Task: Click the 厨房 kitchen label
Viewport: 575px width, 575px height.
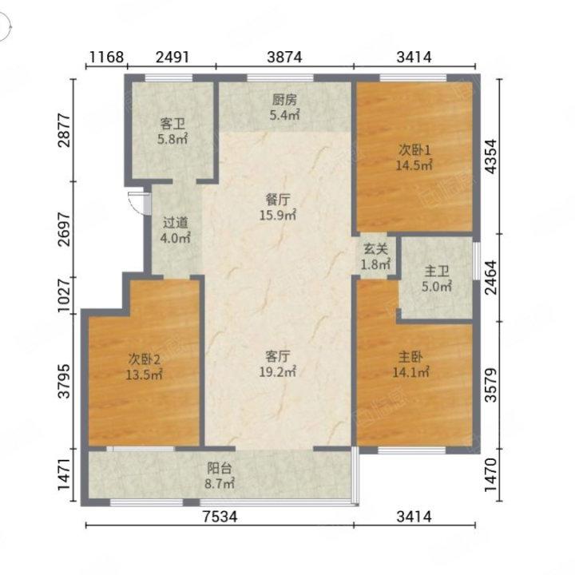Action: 284,100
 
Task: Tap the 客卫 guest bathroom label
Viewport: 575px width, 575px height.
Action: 172,124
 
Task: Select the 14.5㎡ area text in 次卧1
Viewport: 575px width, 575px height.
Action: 414,165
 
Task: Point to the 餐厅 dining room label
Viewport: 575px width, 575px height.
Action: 278,200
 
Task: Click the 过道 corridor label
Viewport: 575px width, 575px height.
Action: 175,223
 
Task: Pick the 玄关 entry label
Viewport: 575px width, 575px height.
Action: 375,249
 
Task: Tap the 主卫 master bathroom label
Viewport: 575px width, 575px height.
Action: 436,272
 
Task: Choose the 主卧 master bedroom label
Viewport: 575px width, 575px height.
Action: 410,357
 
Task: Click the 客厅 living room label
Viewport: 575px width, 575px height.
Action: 278,356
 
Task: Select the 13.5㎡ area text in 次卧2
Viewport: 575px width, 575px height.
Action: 144,375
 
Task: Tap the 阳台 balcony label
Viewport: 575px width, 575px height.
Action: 220,468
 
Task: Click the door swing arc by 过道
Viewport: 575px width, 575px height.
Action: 134,204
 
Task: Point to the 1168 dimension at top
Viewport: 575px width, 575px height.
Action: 107,57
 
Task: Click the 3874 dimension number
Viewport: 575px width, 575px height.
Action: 284,57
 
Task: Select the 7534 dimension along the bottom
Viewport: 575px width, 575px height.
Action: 220,517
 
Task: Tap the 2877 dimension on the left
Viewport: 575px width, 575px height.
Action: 64,130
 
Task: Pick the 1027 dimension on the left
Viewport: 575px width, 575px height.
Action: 64,295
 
